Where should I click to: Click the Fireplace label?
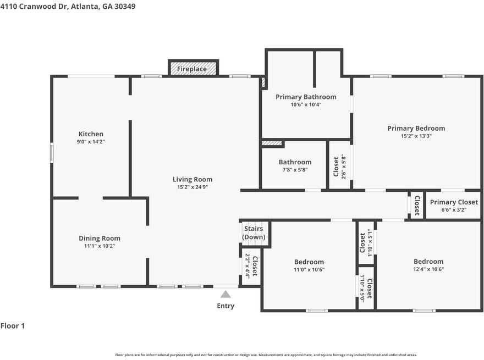coord(192,69)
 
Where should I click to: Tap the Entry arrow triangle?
coord(226,294)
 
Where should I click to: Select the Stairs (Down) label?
coord(254,233)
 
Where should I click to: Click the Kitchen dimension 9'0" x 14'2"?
coord(91,142)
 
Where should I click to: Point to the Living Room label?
coord(193,179)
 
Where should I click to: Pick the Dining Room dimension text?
coord(100,246)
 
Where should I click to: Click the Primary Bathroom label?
coord(306,97)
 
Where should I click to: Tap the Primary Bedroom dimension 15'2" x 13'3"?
coord(416,136)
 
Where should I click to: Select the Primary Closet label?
coord(454,202)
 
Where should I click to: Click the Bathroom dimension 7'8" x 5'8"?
coord(295,170)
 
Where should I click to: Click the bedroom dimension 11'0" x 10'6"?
coord(309,270)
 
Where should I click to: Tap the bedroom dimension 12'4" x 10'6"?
coord(428,269)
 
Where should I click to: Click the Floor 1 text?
coord(13,326)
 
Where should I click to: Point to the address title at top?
coord(68,6)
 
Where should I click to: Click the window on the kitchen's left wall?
coord(52,153)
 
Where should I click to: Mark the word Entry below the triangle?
coord(226,306)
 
